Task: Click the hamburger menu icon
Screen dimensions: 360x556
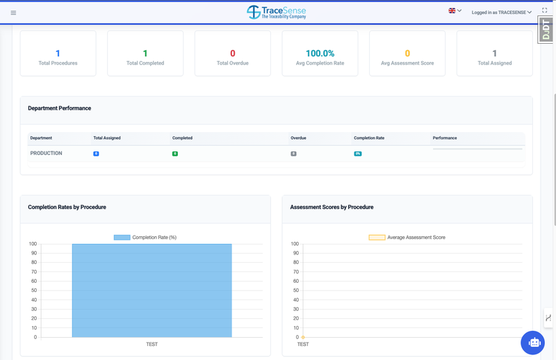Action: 13,13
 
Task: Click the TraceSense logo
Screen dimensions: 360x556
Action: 276,12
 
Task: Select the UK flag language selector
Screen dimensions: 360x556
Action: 452,11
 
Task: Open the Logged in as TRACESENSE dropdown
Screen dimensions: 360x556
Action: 502,12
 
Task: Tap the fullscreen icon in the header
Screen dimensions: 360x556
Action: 544,11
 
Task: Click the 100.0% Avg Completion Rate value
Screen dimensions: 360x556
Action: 320,54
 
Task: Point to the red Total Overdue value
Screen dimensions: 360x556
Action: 232,54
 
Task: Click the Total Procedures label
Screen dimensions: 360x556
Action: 58,63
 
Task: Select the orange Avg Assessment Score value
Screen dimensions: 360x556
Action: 407,54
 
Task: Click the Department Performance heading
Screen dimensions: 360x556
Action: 60,108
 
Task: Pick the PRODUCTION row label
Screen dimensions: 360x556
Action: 47,153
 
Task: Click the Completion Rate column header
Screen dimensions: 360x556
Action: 368,138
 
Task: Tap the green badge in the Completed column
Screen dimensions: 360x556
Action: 175,153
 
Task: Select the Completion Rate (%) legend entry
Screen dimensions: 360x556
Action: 145,238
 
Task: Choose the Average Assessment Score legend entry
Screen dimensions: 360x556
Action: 407,238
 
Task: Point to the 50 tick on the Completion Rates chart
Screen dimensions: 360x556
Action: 33,291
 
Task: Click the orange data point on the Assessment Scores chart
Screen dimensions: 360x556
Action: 303,337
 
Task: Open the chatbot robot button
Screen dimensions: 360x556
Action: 533,343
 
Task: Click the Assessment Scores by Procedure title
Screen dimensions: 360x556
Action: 332,207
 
